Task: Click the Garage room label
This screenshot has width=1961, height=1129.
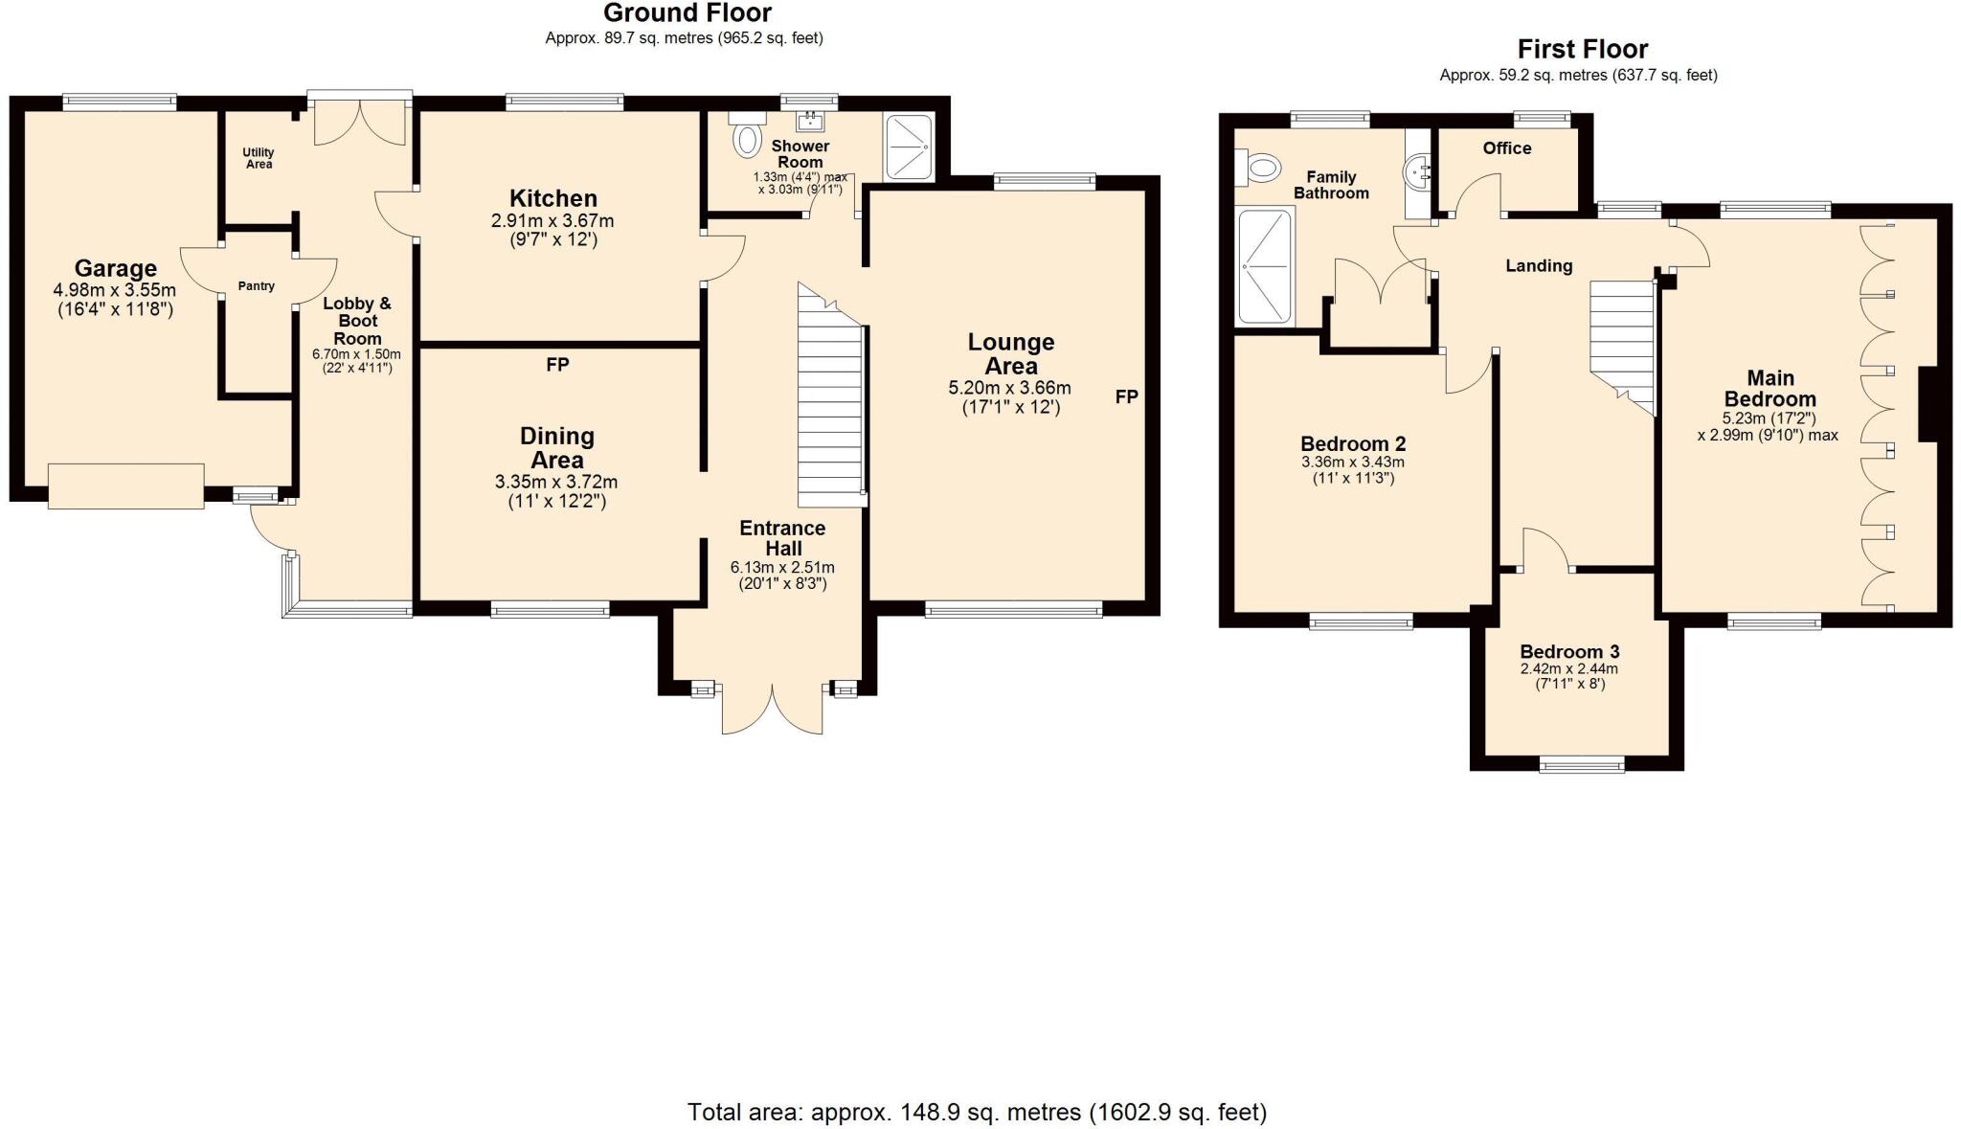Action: (115, 269)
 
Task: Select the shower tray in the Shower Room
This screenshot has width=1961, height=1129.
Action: (909, 147)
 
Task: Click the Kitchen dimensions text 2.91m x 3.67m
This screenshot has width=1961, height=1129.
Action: (552, 221)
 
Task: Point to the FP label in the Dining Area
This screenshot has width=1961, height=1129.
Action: (557, 365)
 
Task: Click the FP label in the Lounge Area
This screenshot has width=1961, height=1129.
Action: (1126, 396)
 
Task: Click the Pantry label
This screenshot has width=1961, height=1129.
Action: (256, 286)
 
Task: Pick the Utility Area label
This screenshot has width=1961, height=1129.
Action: (259, 158)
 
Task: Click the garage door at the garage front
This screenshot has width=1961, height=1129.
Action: (125, 485)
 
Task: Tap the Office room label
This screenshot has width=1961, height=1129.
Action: (1506, 148)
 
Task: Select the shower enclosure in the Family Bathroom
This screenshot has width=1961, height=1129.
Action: (1265, 266)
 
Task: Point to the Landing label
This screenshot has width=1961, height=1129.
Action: (1539, 266)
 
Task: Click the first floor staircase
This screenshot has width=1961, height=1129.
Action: (1623, 345)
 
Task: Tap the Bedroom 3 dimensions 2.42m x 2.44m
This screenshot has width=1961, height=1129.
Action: (1568, 669)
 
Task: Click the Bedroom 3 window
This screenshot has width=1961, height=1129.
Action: (1581, 764)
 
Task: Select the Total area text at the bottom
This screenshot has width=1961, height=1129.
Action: (977, 1113)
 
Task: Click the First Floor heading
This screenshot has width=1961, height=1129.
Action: (1582, 50)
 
